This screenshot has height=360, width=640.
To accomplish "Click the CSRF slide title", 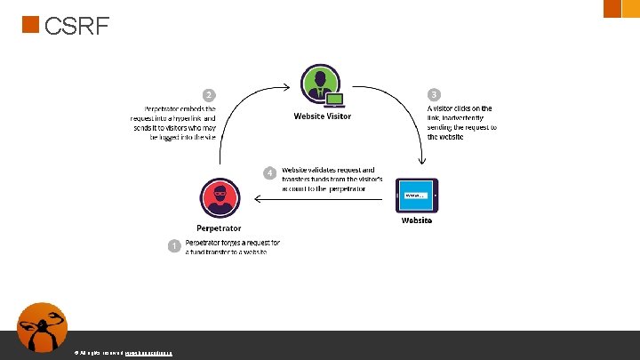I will (76, 28).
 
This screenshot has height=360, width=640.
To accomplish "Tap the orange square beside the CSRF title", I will (30, 25).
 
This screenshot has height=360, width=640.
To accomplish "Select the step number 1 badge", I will (175, 244).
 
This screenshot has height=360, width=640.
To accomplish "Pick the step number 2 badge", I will (209, 94).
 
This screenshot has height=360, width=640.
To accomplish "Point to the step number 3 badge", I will (433, 94).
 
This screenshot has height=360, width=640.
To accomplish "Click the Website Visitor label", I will (322, 116).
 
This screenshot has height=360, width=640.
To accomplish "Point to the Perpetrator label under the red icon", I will (219, 227).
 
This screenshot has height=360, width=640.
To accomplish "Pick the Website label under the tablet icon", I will (416, 220).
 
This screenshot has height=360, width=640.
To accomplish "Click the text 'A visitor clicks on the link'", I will (461, 123).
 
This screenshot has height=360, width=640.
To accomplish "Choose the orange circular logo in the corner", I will (42, 328).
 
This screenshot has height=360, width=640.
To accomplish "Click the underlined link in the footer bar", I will (148, 353).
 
